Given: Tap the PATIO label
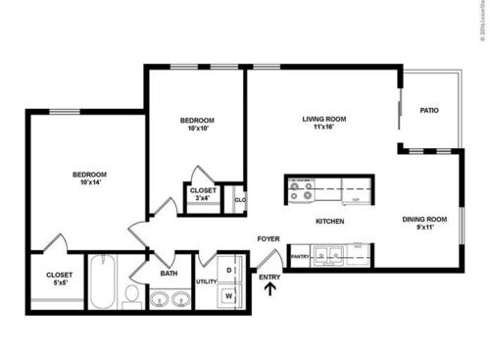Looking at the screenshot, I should [428, 111].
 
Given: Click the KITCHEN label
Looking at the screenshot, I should [329, 222].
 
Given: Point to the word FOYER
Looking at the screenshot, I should [269, 238].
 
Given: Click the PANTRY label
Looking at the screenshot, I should [300, 258].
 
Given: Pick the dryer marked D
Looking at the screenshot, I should [228, 267].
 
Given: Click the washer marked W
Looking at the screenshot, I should [228, 292].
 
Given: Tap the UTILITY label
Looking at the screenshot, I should [206, 282].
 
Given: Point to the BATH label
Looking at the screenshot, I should [169, 274].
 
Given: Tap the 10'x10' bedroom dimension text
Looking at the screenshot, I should [196, 129].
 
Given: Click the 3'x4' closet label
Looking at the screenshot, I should [203, 198].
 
